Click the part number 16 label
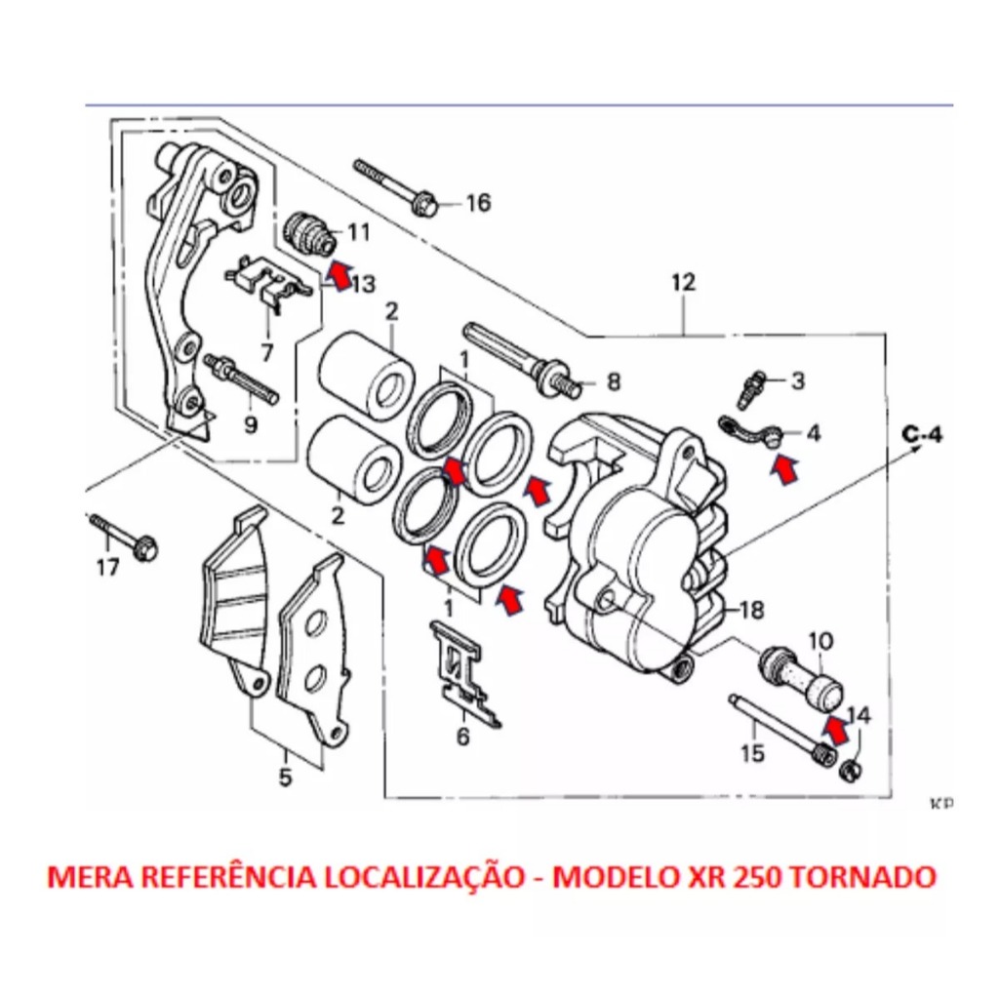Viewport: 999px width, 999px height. coord(478,204)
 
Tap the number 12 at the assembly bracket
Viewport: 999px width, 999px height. coord(683,283)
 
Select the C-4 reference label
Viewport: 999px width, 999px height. coord(921,435)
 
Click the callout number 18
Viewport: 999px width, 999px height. coord(751,612)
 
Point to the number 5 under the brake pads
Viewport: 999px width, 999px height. coord(285,779)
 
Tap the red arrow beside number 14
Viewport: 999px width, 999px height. coord(834,725)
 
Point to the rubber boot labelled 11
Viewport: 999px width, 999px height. coord(310,232)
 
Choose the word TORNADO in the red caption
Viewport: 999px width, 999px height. coord(861,876)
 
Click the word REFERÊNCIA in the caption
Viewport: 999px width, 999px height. coord(227,876)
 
